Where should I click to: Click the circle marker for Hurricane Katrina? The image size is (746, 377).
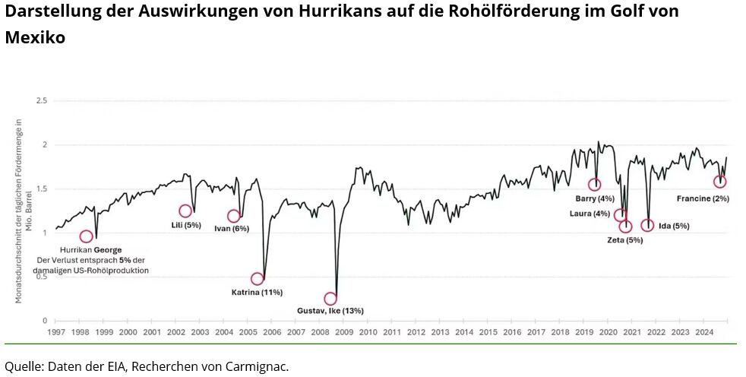[x=258, y=279]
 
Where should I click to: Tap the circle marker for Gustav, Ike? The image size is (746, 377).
[x=330, y=299]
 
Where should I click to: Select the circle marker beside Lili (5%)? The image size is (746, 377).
[x=185, y=211]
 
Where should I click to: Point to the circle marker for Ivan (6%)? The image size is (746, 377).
[x=233, y=216]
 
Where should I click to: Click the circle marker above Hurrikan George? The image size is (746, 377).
[x=86, y=236]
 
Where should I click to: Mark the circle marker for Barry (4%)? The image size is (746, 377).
[x=594, y=185]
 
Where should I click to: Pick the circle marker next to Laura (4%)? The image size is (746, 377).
[x=620, y=214]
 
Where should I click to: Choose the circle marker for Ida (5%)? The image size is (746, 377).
[x=647, y=225]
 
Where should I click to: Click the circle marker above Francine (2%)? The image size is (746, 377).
[x=720, y=182]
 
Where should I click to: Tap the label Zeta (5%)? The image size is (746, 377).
[x=625, y=240]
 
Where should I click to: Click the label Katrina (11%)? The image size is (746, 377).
[x=257, y=292]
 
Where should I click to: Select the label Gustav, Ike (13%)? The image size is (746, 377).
[x=330, y=311]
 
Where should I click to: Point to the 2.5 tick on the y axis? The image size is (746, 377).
[x=42, y=100]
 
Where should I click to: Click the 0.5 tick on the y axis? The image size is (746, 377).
[x=42, y=277]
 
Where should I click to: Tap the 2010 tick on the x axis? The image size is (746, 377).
[x=368, y=332]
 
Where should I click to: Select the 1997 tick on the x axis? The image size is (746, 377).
[x=55, y=332]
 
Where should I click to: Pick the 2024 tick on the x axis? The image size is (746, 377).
[x=703, y=332]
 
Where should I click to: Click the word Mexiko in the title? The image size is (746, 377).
[x=35, y=37]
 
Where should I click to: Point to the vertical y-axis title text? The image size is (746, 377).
[x=21, y=211]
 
